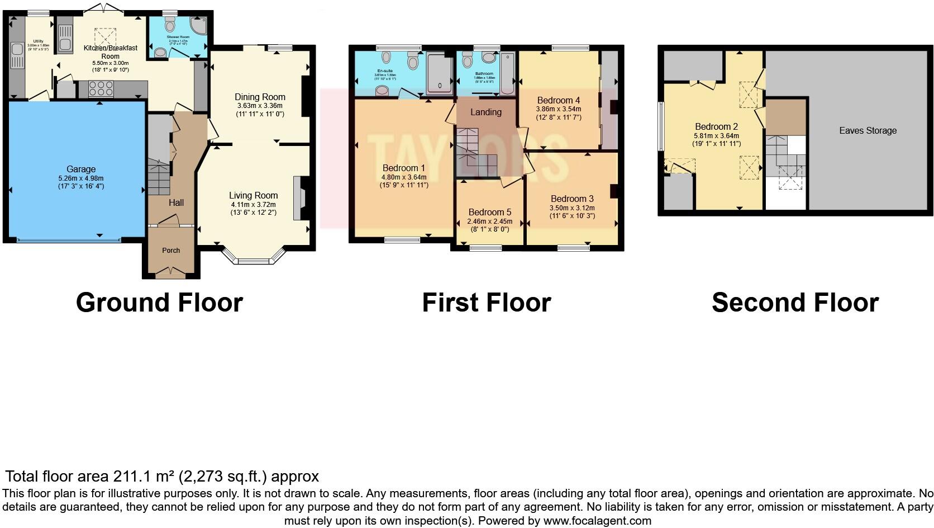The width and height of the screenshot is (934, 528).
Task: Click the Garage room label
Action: point(81,169)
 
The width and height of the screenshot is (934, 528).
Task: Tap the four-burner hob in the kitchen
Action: point(101,89)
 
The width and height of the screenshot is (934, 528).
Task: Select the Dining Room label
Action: point(260,97)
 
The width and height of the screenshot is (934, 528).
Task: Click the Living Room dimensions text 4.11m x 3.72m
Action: point(253,205)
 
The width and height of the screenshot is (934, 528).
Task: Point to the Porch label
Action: point(171,250)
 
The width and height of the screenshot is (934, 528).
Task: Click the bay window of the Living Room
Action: point(254,259)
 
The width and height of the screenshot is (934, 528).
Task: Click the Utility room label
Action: point(38,41)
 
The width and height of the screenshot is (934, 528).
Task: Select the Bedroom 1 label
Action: point(403,168)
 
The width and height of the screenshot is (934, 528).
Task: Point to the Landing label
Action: point(485,112)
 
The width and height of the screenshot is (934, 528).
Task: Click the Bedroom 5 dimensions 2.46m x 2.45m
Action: point(489,221)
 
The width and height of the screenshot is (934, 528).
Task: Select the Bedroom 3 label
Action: point(572,199)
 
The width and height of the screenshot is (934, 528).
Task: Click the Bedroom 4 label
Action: point(558,101)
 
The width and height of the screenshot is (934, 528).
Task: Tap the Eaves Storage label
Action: point(868,130)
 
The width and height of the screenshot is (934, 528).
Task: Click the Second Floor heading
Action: point(794,303)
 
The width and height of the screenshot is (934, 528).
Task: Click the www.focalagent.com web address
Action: point(597,521)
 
